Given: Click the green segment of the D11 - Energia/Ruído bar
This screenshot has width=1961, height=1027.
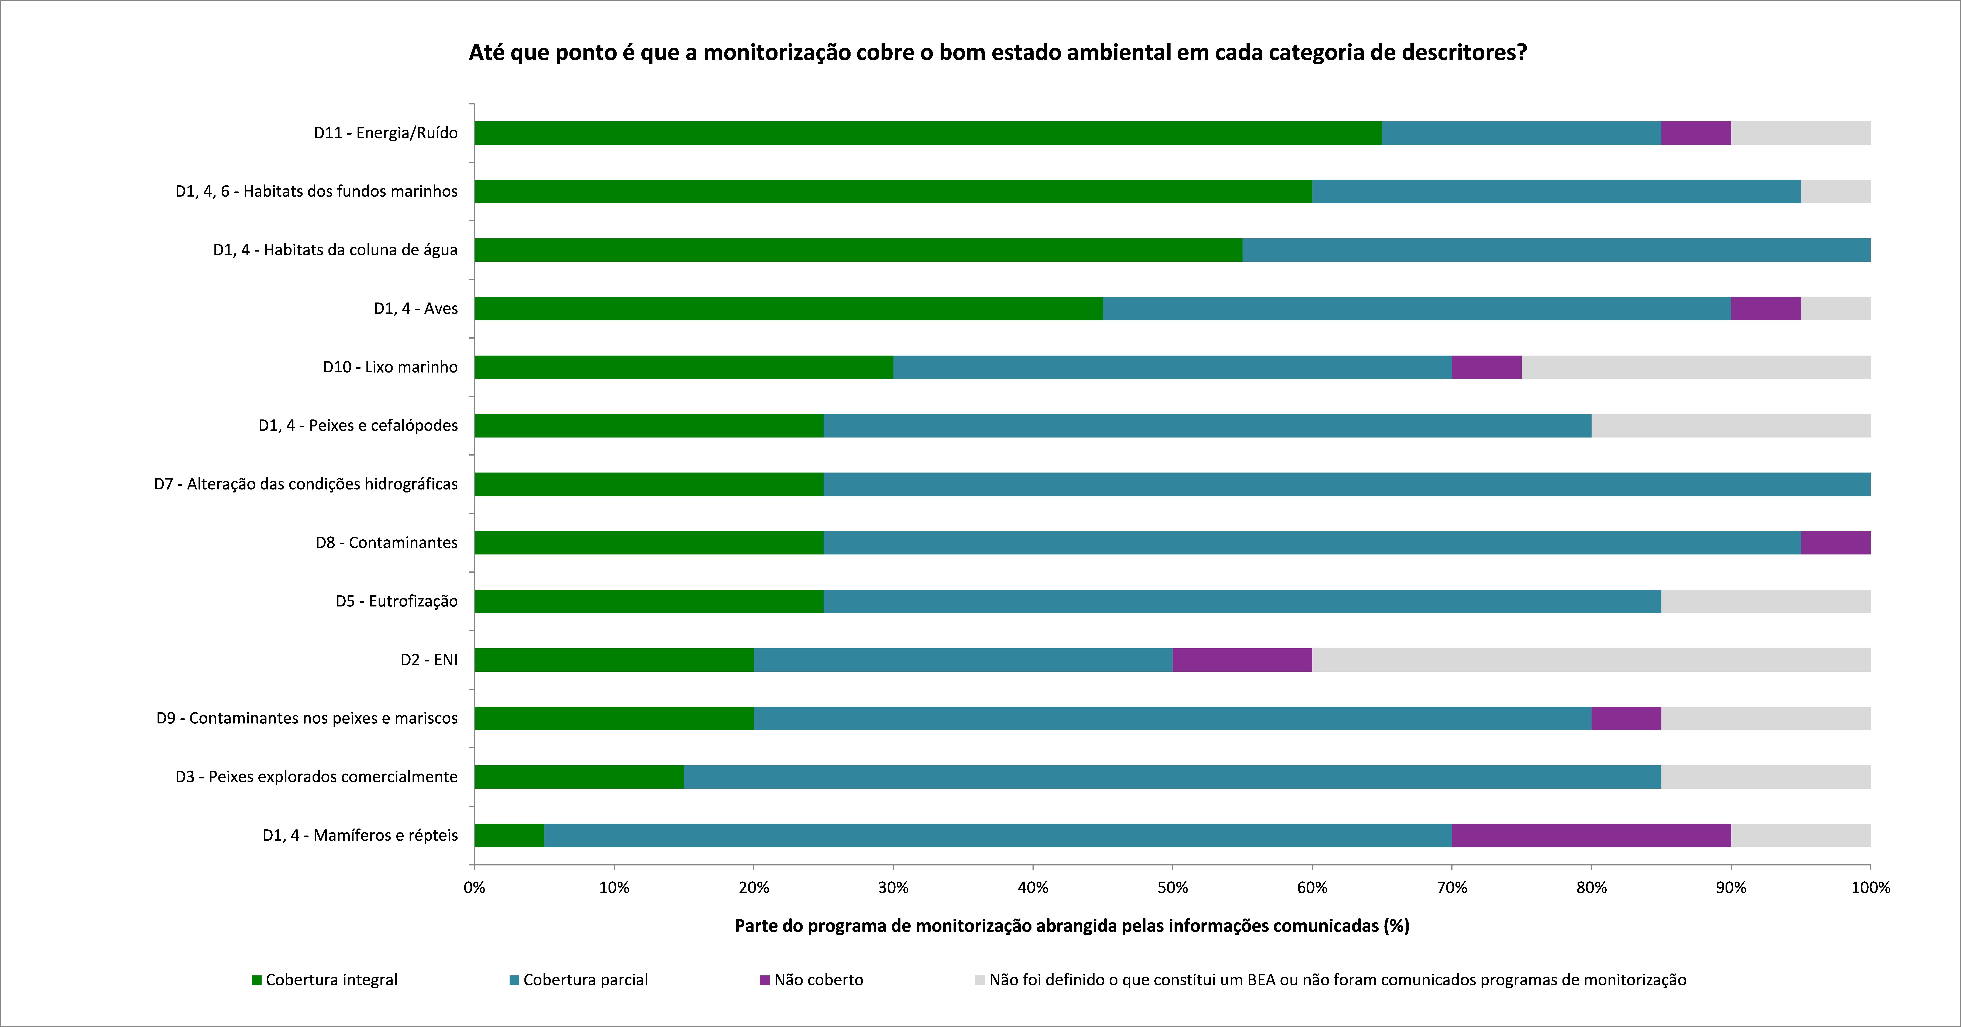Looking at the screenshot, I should [x=928, y=133].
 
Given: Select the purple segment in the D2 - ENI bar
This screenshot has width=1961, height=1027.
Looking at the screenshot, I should [x=1242, y=660].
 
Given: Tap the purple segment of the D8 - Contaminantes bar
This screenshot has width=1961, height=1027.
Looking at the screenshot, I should [x=1835, y=543].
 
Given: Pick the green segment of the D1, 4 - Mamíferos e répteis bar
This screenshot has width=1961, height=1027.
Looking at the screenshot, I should [x=509, y=835].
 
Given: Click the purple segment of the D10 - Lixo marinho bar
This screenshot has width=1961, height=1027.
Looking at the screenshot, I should [x=1487, y=367].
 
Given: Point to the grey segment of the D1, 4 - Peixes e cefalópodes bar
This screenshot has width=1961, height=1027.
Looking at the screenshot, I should [x=1730, y=426].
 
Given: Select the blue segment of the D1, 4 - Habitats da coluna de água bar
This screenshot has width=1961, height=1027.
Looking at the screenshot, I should [x=1556, y=250].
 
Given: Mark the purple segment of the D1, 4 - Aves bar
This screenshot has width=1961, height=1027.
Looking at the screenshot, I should [x=1766, y=308].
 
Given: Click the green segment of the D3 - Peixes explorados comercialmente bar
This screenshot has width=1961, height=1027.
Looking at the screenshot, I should [x=579, y=777].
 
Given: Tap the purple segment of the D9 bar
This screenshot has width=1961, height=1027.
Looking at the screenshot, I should [x=1626, y=719].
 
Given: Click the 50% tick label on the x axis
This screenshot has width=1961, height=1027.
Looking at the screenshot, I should [x=1172, y=888].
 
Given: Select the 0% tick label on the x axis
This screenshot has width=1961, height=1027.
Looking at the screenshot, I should [x=474, y=888].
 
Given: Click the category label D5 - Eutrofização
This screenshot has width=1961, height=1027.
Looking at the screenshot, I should [x=397, y=601].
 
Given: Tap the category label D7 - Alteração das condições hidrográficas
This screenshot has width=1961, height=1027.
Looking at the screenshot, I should [x=306, y=484].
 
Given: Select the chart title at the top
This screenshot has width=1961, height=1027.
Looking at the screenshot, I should [x=997, y=52].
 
